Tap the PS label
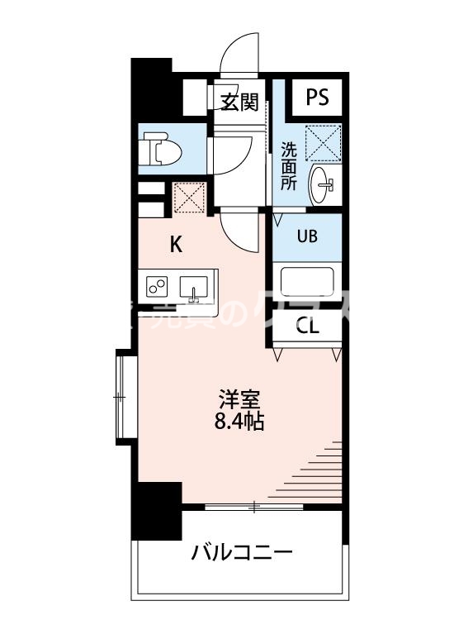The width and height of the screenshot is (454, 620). pos(317,97)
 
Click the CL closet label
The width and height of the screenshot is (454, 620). pos(307,325)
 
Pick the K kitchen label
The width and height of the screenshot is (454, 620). pos(177,244)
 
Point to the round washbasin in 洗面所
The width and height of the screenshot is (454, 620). pos(323,183)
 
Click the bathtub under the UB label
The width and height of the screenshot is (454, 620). pos(306,282)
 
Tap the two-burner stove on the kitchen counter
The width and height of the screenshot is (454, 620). pos(157,286)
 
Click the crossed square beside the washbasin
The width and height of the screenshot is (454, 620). pos(323,142)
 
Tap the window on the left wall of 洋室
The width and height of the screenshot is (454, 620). pos(121,397)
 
